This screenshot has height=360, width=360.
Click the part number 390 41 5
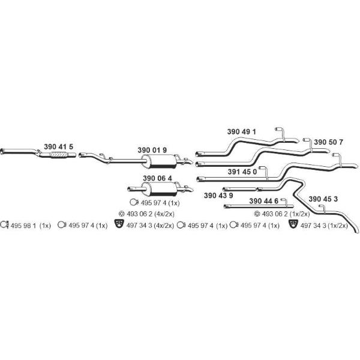(x=59, y=146)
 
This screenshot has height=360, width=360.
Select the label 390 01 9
(x=152, y=150)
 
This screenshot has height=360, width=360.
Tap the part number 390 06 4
(x=157, y=178)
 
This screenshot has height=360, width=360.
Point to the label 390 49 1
(x=242, y=132)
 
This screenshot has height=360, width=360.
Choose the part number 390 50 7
(x=328, y=142)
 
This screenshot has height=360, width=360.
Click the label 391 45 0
(x=242, y=172)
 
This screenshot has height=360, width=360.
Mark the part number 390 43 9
(x=218, y=196)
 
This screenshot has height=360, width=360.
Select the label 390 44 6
(x=264, y=201)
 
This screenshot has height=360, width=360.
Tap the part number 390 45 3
(x=323, y=199)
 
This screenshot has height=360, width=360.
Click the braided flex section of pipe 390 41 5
(x=59, y=155)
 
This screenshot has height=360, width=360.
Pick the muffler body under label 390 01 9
(x=159, y=161)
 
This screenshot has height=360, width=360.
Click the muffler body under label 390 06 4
(x=159, y=189)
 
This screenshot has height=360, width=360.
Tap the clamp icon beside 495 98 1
(x=4, y=224)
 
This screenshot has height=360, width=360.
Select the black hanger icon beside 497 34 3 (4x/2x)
(x=119, y=224)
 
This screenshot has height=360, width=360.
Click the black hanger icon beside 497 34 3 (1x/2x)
(x=293, y=224)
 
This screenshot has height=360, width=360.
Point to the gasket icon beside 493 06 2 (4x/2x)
(x=122, y=214)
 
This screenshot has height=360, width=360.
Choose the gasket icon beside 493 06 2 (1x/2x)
(x=257, y=214)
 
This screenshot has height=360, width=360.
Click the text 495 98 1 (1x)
(x=31, y=226)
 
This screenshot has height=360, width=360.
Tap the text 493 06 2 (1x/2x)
(x=286, y=214)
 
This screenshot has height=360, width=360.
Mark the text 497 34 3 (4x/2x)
(x=150, y=226)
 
